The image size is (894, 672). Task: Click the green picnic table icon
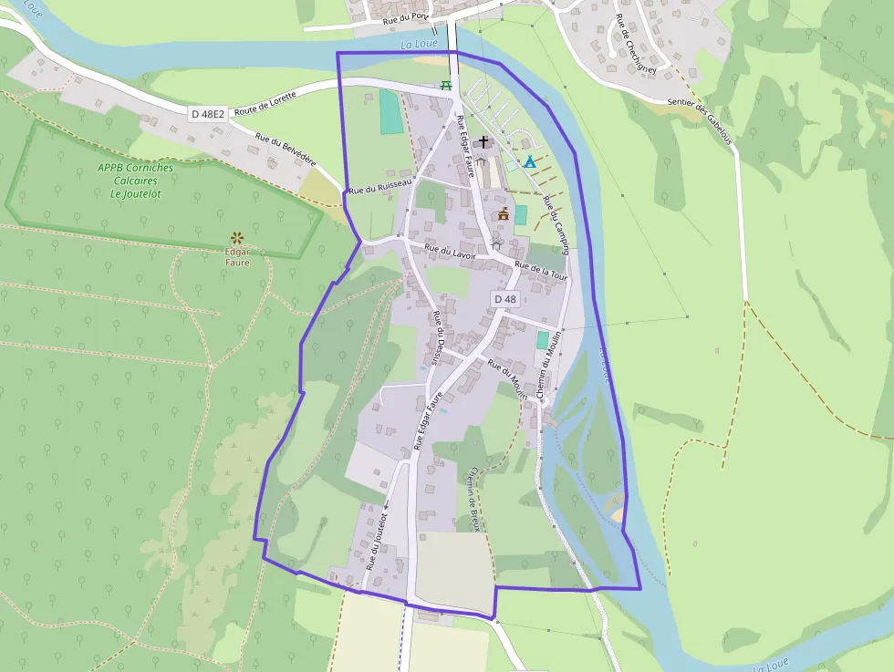tap(446, 85)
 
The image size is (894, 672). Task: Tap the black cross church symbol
tap(483, 142)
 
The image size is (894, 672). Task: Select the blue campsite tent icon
tap(530, 161)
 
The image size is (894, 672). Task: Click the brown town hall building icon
tap(503, 214)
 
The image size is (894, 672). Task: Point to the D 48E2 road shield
tap(208, 114)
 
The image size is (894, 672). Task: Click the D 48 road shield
tap(505, 299)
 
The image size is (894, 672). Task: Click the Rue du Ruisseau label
tap(381, 187)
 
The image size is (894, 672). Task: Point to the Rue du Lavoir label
tap(451, 253)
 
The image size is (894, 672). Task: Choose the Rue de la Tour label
tap(541, 270)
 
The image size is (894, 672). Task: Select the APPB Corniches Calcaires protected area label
tap(136, 181)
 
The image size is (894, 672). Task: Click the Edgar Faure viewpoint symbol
tap(237, 238)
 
